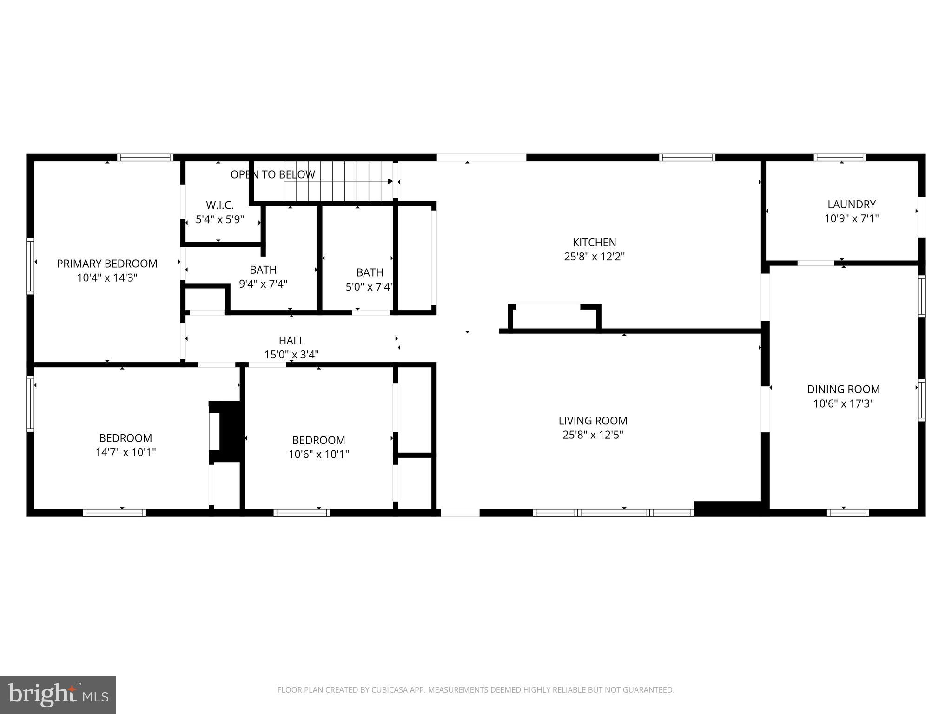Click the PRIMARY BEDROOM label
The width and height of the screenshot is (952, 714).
(x=107, y=264)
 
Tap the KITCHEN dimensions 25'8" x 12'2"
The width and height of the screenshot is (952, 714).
(x=594, y=257)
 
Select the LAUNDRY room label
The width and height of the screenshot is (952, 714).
(x=851, y=205)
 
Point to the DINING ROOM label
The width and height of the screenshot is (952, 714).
(x=843, y=390)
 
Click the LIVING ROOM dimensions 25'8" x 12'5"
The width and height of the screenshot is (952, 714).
(x=593, y=435)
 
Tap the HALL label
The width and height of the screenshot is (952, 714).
(x=291, y=340)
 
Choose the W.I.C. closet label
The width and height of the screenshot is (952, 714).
(x=220, y=205)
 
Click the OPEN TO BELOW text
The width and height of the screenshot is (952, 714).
(x=273, y=175)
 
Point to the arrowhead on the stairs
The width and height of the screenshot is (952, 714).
(x=390, y=181)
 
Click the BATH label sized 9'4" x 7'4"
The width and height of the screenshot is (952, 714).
(x=263, y=270)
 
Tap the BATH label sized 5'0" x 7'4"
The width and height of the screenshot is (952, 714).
(x=370, y=272)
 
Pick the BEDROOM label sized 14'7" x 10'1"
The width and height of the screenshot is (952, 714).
(x=126, y=438)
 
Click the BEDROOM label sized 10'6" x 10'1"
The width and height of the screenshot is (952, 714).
(x=318, y=440)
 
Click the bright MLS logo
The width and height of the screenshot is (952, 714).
(x=58, y=694)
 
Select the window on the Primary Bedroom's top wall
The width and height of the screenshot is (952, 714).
(x=145, y=158)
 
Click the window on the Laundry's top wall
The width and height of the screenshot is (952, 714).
(x=840, y=158)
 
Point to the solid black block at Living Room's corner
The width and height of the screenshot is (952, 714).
(x=727, y=508)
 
